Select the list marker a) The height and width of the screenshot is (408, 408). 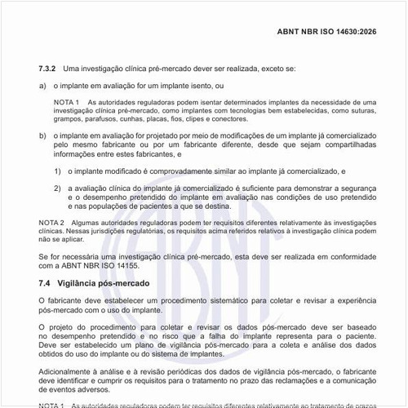[x=42, y=85]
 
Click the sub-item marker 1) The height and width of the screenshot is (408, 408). [x=58, y=172]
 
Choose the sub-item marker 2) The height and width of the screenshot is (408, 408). [x=58, y=188]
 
